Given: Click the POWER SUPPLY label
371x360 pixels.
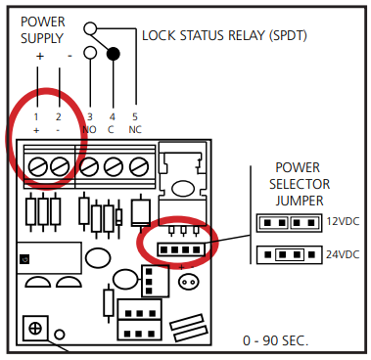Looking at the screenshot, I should (x=44, y=28).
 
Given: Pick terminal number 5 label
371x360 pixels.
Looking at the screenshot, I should (x=135, y=117).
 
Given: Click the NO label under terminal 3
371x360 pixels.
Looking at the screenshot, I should (x=90, y=129).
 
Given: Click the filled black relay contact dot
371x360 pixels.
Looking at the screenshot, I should (x=113, y=53).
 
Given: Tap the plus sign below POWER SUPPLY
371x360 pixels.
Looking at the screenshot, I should (x=40, y=56).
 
